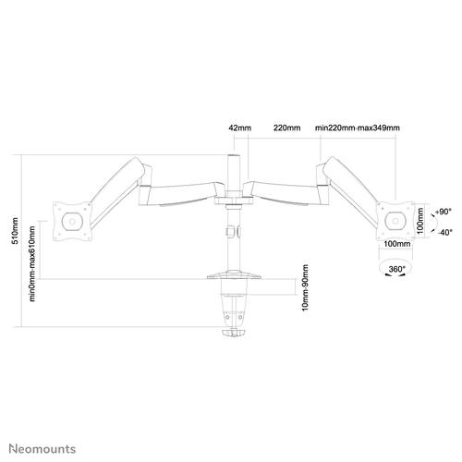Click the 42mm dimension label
pyautogui.click(x=238, y=128)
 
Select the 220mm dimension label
pyautogui.click(x=286, y=128)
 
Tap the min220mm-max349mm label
pyautogui.click(x=357, y=128)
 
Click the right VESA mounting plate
pyautogui.click(x=395, y=221)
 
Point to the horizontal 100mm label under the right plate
pyautogui.click(x=395, y=244)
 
